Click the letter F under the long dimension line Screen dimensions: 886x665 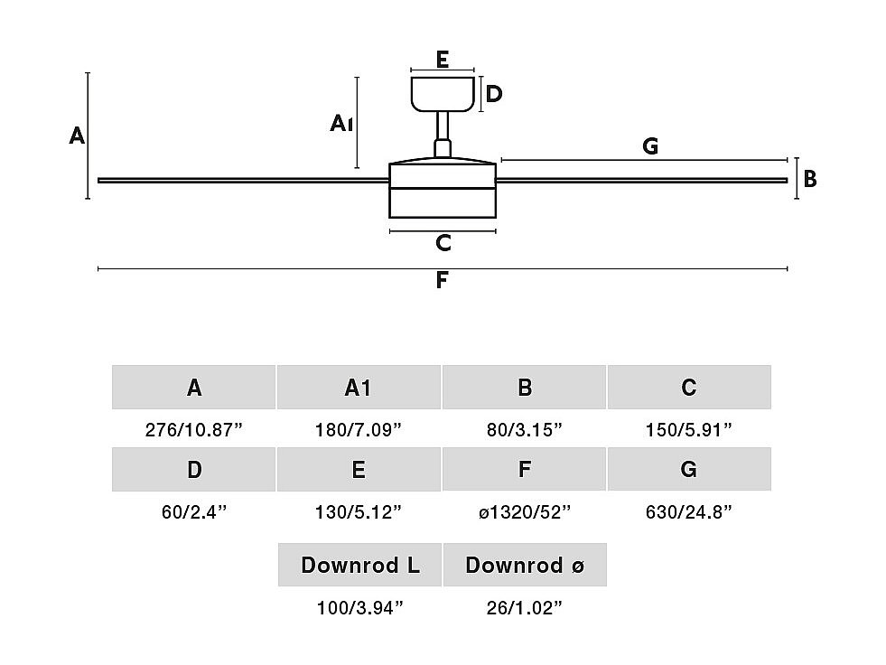click(442, 280)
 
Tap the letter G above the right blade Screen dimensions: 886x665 click(650, 146)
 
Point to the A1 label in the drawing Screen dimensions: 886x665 click(342, 123)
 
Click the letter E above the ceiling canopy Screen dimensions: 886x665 click(443, 60)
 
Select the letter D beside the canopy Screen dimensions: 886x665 click(494, 94)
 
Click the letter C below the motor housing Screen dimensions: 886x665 click(443, 243)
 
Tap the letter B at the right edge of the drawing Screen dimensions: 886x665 click(810, 179)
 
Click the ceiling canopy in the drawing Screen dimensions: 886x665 click(443, 95)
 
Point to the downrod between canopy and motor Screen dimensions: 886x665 click(443, 135)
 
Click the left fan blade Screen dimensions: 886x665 click(244, 181)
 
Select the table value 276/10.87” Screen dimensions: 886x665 click(194, 430)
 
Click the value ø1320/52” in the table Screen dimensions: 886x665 click(525, 512)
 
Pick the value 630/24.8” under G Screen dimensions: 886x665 click(689, 512)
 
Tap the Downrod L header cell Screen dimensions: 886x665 click(359, 565)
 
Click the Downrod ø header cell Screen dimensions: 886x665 click(525, 565)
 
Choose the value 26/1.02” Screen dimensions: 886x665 click(525, 608)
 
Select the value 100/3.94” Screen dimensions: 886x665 click(360, 608)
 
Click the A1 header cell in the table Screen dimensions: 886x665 click(359, 388)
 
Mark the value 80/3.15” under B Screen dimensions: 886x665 click(525, 430)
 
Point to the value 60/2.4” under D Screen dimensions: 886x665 click(194, 512)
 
